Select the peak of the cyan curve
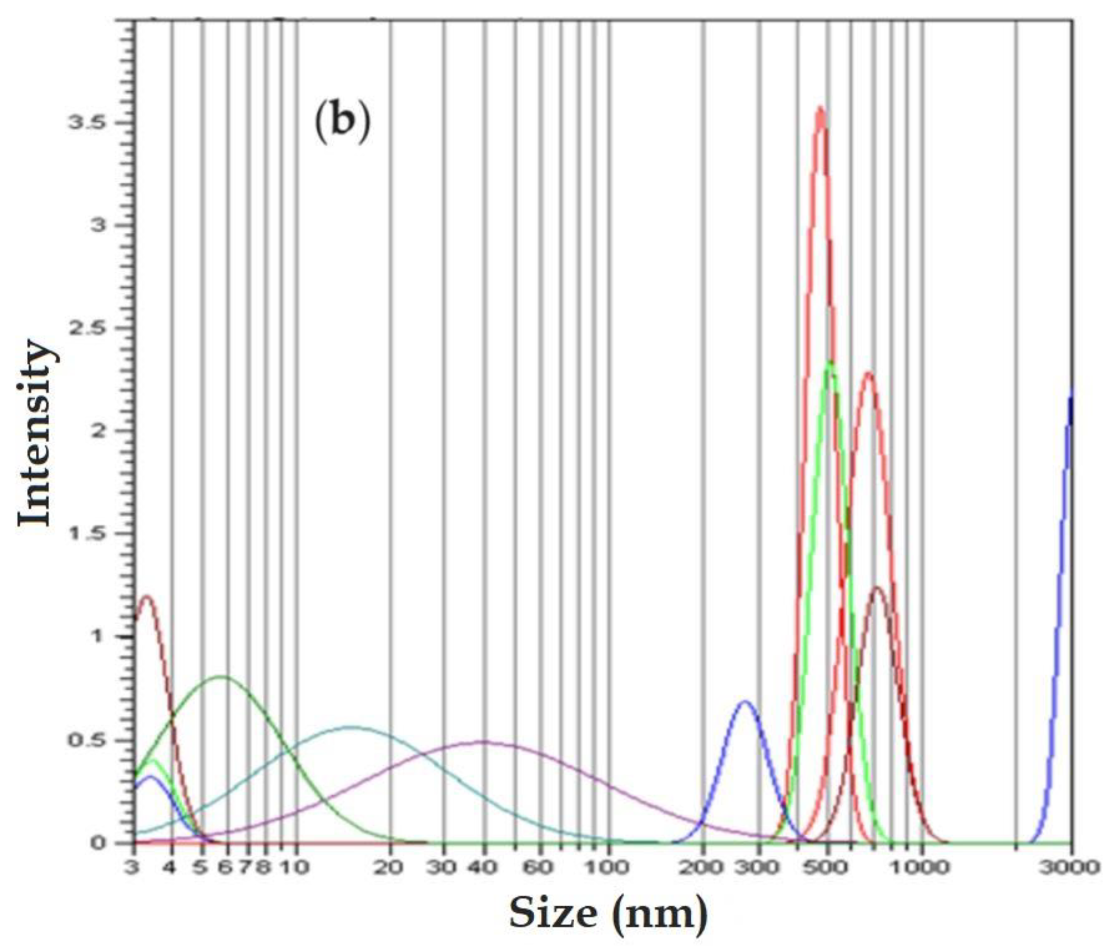(351, 726)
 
